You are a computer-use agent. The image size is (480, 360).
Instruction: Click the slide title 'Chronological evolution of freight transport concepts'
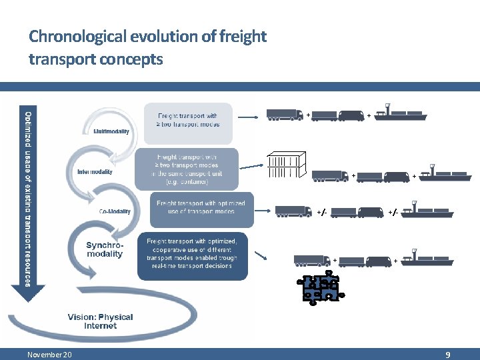[147, 47]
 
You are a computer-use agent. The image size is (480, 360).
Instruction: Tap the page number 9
[448, 355]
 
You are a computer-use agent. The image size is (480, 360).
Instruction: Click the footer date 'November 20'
[50, 355]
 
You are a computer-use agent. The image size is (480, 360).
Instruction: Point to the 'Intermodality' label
[95, 172]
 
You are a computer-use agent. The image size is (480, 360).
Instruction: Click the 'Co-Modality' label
[115, 212]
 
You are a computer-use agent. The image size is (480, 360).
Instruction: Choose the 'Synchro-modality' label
[105, 250]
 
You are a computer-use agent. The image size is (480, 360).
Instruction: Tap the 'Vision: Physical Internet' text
[100, 321]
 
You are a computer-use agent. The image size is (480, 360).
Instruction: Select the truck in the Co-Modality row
[293, 211]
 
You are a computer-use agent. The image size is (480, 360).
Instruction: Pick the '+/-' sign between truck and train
[321, 213]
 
